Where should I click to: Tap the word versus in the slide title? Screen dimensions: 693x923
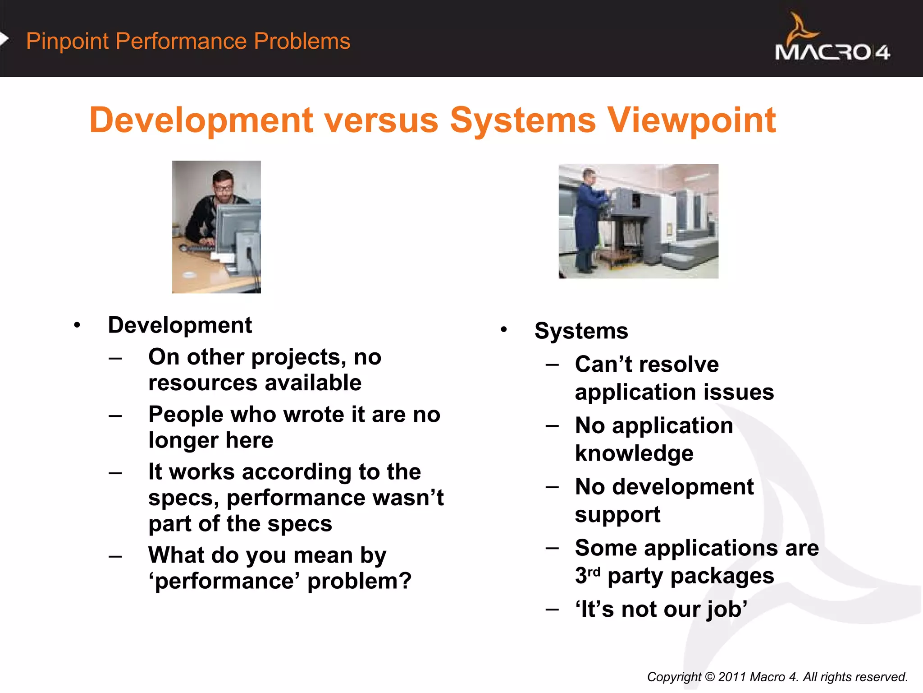pyautogui.click(x=381, y=120)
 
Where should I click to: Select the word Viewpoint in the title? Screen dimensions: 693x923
pyautogui.click(x=691, y=120)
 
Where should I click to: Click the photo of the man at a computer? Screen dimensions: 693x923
pyautogui.click(x=216, y=226)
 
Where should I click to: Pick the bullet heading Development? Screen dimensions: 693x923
pyautogui.click(x=180, y=325)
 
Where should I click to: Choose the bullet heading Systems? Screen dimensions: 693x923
pyautogui.click(x=581, y=331)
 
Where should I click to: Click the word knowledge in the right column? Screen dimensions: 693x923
pyautogui.click(x=634, y=453)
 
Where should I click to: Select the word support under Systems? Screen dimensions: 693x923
pyautogui.click(x=617, y=515)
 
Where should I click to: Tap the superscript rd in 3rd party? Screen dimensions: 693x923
pyautogui.click(x=594, y=572)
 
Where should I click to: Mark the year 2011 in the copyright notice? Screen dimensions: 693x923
pyautogui.click(x=731, y=677)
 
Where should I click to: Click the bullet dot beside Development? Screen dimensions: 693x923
pyautogui.click(x=78, y=325)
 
